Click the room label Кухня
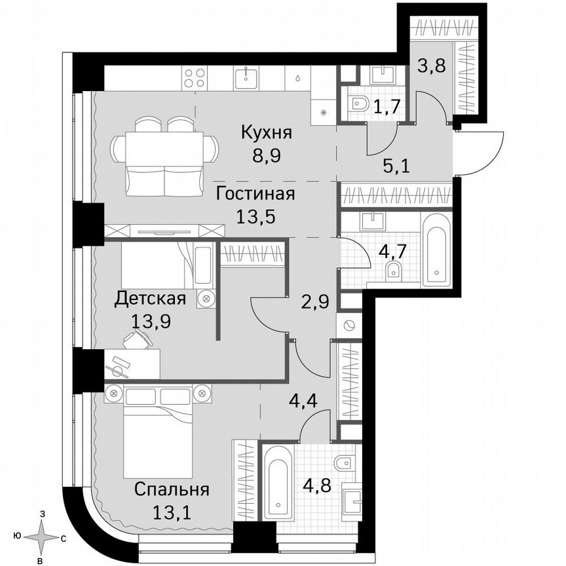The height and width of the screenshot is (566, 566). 266,133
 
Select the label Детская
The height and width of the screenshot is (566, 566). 150,299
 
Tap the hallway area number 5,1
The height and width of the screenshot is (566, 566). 396,165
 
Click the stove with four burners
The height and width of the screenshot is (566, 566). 194,78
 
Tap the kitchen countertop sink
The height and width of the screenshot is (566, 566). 252,77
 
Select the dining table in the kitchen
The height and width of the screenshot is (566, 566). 164,147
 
